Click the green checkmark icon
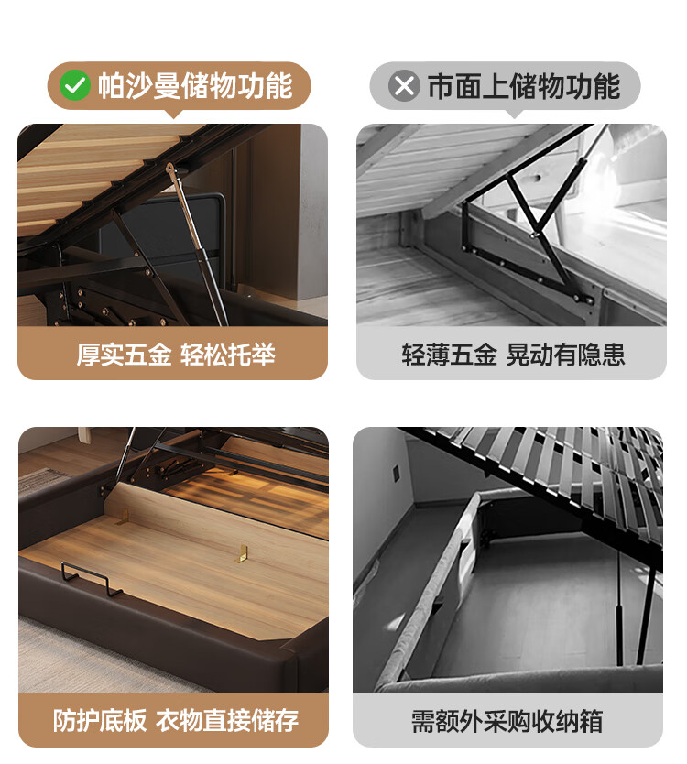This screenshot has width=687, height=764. tap(74, 86)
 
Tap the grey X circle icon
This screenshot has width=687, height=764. tap(404, 86)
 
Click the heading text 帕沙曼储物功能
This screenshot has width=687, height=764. tap(195, 86)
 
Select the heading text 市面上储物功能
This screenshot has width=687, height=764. tap(524, 86)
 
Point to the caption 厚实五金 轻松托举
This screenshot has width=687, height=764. tap(176, 355)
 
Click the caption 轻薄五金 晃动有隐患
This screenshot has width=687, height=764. tap(513, 355)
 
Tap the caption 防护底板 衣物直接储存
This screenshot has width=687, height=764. tap(175, 720)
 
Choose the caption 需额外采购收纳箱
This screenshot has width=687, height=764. tap(507, 721)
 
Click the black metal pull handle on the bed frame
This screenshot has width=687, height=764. tap(92, 579)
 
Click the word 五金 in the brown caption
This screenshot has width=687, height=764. tap(147, 355)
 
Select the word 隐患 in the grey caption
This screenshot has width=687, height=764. tap(601, 355)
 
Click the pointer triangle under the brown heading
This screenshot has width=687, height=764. tap(174, 114)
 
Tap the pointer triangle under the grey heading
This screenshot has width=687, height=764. tap(514, 114)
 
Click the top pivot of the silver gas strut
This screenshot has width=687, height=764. tap(170, 169)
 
